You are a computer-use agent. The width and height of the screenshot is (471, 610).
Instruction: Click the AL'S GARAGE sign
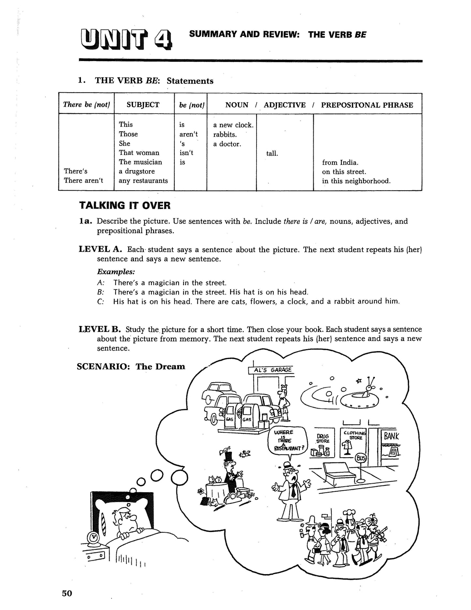click(x=271, y=370)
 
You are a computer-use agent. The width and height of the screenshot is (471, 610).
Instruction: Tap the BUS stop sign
click(x=361, y=458)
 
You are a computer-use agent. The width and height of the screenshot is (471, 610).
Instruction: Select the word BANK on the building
click(x=391, y=436)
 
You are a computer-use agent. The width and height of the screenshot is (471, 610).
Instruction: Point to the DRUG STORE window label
click(x=323, y=438)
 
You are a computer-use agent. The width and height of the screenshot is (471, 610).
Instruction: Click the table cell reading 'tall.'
click(x=272, y=153)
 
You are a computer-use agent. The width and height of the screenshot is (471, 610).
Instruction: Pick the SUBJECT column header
click(x=143, y=105)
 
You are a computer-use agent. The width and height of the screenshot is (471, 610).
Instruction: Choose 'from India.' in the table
click(x=340, y=162)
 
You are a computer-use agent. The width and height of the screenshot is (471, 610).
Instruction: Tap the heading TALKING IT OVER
click(x=125, y=205)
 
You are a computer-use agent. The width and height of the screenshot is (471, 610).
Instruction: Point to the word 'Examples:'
click(x=116, y=272)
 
